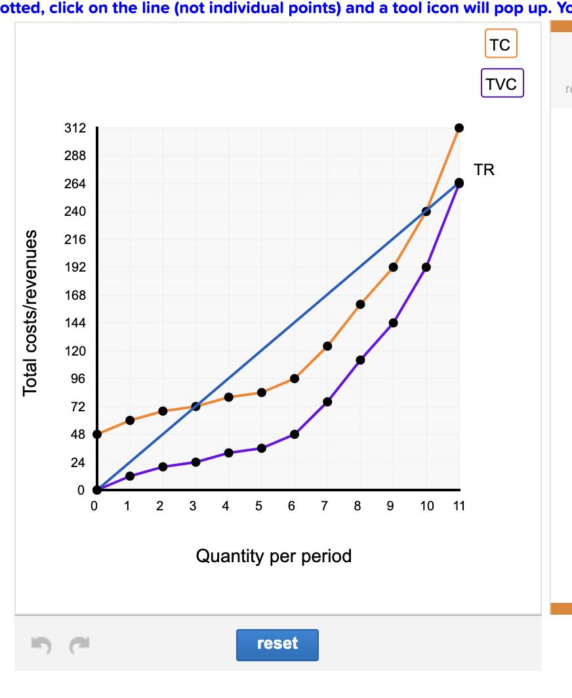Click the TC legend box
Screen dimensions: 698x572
500,45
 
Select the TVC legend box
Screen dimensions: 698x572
502,83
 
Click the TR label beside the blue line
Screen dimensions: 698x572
484,170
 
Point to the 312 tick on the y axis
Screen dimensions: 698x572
75,128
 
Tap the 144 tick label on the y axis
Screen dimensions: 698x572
75,323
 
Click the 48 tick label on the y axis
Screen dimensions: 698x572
77,434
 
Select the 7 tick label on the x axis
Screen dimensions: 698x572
325,506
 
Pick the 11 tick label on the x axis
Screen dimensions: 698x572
459,506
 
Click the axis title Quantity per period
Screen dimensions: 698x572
274,556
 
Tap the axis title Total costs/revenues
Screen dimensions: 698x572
30,313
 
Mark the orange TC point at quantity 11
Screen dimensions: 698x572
459,128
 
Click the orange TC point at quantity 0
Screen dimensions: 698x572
97,434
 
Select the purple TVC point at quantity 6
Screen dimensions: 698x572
295,434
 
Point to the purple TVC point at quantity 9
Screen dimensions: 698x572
393,323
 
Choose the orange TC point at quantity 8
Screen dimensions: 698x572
360,304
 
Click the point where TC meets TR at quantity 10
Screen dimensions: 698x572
426,211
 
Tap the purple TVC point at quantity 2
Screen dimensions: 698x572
163,466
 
